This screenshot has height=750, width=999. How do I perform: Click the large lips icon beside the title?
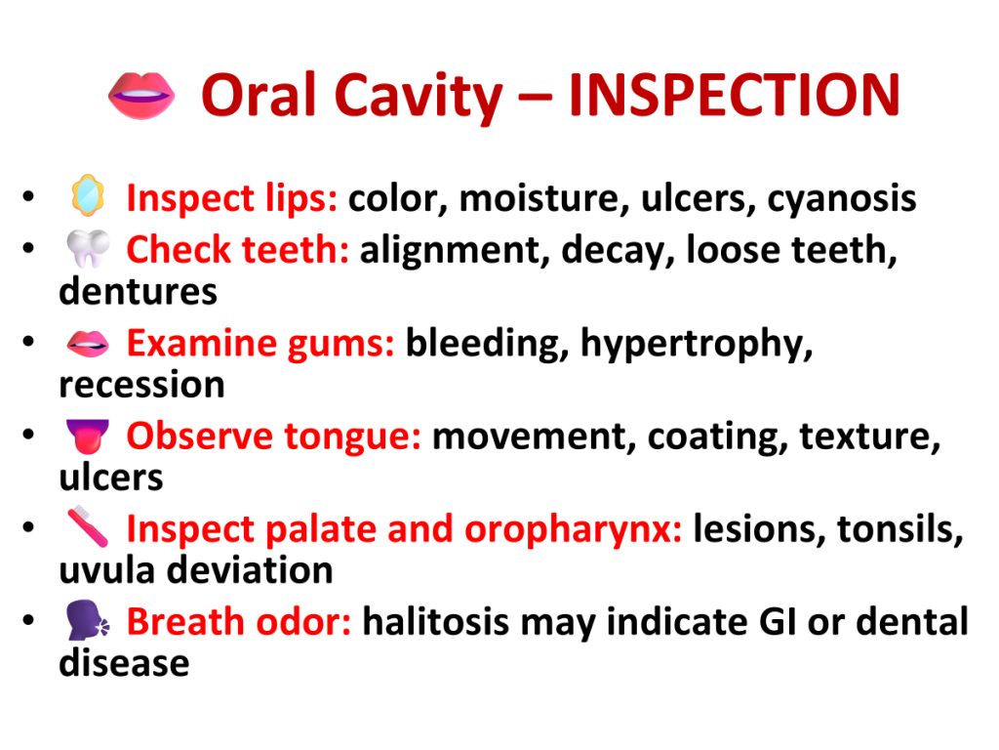coord(141,96)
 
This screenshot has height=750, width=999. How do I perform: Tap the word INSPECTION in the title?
coord(734,95)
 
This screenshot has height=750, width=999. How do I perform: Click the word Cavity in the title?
coord(418,98)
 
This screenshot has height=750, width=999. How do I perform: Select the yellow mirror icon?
coord(88,195)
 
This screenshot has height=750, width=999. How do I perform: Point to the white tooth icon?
coord(88,248)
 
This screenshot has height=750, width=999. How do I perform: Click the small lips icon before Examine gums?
coord(88,344)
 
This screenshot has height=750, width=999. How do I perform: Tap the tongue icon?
coord(88,437)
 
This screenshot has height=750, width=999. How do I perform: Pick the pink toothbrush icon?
coord(88,526)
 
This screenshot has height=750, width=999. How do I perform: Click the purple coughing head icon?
coord(88,620)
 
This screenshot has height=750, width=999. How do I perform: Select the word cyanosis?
coord(842,199)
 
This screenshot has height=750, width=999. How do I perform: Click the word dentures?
coord(139,292)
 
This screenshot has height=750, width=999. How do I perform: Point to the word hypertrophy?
coord(697,345)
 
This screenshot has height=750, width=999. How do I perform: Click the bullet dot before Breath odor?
coord(28,620)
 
